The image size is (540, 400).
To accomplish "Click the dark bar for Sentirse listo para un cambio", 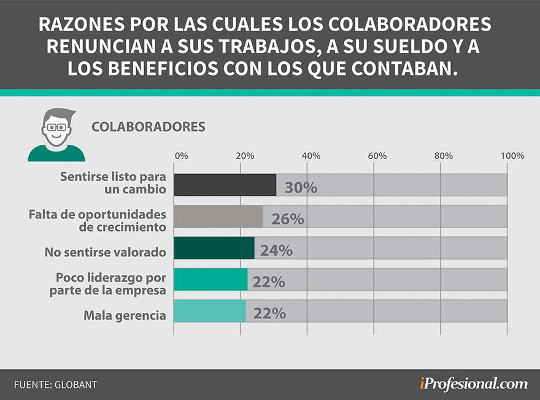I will click(225, 185).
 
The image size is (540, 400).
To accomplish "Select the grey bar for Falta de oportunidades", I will click(218, 217).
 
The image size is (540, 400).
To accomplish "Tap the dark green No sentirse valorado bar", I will click(214, 248).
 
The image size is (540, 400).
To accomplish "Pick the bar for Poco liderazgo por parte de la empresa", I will click(210, 279).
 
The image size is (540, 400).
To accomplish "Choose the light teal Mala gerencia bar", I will click(209, 311).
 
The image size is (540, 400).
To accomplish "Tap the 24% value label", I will click(276, 250).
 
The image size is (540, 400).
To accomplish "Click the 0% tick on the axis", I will click(182, 156).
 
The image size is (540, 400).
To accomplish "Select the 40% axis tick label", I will click(311, 156).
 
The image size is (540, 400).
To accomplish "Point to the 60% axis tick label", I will click(377, 156).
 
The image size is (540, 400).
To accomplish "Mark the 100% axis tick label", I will click(512, 156).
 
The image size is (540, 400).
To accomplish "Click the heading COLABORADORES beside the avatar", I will click(148, 127).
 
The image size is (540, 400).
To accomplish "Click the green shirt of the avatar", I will click(56, 153).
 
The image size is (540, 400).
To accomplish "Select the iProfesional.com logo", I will click(473, 384).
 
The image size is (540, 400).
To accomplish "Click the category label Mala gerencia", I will click(125, 316).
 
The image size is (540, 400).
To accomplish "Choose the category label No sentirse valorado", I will click(106, 252).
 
